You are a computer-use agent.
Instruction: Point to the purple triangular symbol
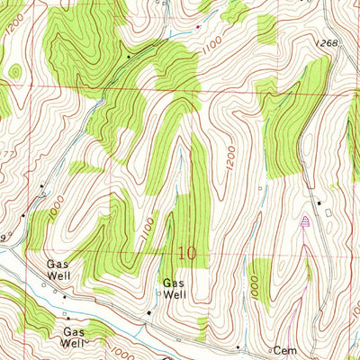[305, 220]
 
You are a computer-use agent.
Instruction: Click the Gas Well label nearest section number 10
[174, 288]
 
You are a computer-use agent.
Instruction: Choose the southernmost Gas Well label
[74, 337]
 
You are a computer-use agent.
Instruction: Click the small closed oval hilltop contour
[13, 71]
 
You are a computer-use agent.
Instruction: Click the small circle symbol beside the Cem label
[269, 347]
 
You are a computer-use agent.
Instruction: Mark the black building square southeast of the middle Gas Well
[149, 311]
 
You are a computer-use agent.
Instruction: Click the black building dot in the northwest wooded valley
[128, 57]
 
